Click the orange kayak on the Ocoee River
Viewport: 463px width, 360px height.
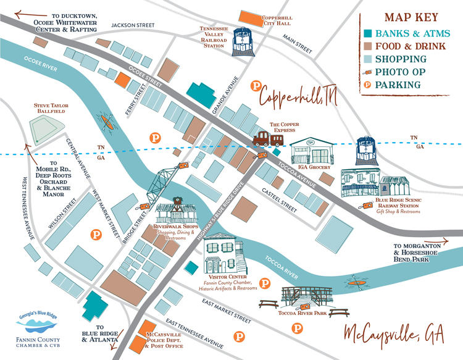tap(109, 123)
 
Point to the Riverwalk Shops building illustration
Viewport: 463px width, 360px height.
tap(178, 212)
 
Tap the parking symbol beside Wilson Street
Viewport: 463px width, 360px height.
tap(96, 235)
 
